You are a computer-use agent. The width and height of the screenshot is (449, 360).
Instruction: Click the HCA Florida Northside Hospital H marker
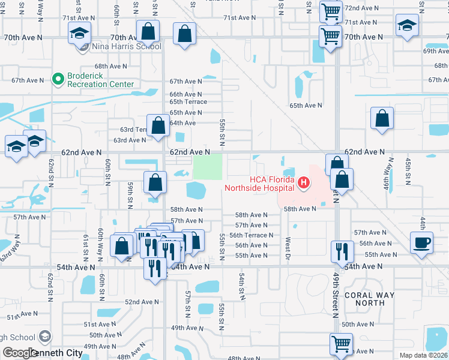(x=304, y=182)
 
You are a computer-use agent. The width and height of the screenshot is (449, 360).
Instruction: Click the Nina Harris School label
(x=127, y=46)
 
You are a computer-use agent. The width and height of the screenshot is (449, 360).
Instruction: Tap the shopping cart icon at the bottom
(x=341, y=344)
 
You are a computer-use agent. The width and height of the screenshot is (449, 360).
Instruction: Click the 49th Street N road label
(x=336, y=293)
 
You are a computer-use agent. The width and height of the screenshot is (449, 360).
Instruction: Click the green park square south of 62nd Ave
(x=207, y=166)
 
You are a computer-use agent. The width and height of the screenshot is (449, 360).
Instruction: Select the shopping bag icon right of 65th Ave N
(x=382, y=119)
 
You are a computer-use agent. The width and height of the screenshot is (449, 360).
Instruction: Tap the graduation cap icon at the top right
(x=408, y=26)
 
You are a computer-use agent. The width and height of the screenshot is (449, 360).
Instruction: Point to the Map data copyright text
(x=423, y=355)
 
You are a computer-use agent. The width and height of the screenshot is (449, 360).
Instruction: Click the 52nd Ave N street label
(x=141, y=302)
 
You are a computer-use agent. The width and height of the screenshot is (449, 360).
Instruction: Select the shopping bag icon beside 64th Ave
(x=158, y=126)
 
